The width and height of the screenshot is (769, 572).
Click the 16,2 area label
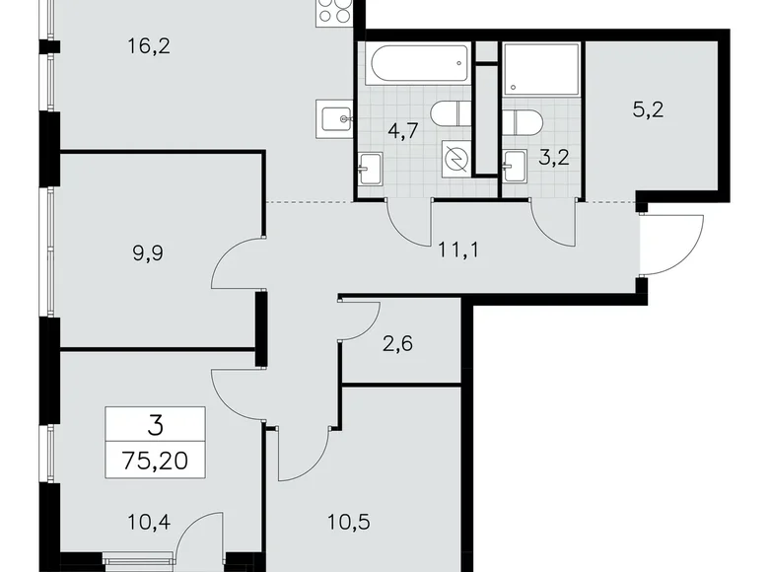point(151,43)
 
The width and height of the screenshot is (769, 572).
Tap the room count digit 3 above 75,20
point(155,426)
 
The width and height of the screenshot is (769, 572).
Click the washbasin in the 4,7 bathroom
point(371,167)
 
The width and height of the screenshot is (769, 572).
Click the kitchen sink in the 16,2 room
point(336,117)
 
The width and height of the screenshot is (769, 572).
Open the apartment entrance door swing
point(672,245)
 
